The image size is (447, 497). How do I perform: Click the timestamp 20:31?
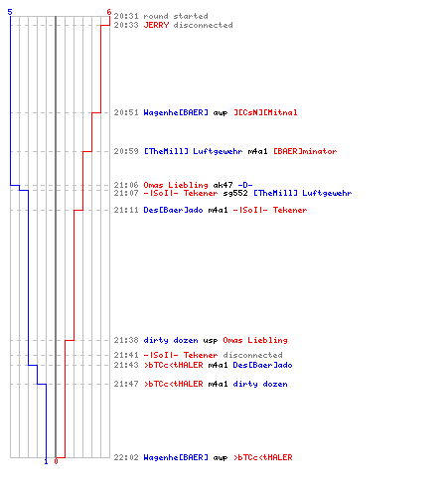[126, 16]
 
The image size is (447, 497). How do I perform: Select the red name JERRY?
[156, 25]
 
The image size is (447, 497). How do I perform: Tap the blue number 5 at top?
[10, 12]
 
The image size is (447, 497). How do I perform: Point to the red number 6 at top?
[109, 12]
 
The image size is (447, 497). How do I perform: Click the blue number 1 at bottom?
[46, 461]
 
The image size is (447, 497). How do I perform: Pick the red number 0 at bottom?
[56, 461]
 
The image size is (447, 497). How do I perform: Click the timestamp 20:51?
[126, 112]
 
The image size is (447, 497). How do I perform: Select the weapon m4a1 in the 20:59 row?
[258, 151]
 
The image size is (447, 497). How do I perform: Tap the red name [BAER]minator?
[305, 151]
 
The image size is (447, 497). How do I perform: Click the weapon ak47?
[223, 185]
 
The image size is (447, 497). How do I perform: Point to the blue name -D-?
[245, 185]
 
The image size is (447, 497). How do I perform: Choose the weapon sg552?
[235, 193]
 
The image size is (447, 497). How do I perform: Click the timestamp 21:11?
[126, 210]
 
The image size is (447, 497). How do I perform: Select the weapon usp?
[211, 341]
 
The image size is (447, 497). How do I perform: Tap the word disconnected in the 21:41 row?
[253, 355]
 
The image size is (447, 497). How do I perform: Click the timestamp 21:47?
[126, 384]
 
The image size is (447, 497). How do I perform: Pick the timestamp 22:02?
[126, 457]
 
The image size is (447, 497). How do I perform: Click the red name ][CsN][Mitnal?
[265, 112]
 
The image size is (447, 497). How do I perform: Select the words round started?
[176, 16]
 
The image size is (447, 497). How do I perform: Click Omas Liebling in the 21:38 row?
[255, 340]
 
